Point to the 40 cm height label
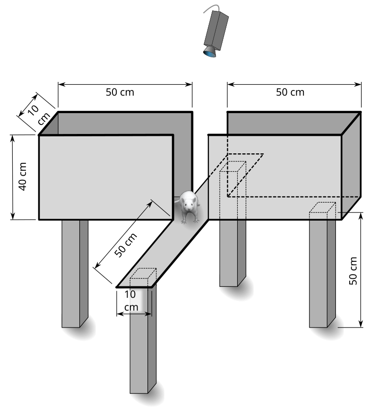coord(22,177)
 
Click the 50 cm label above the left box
coord(120,92)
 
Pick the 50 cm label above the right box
coord(290,92)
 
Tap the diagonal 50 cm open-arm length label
coord(126,245)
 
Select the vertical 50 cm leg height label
coord(353,271)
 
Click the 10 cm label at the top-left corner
coord(39,114)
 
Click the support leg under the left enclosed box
coord(75,274)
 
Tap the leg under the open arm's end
coord(143,339)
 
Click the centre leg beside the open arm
coord(233,253)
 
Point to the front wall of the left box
coord(106,178)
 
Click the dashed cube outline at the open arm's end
coord(143,277)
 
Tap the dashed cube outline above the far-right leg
coord(322,211)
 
